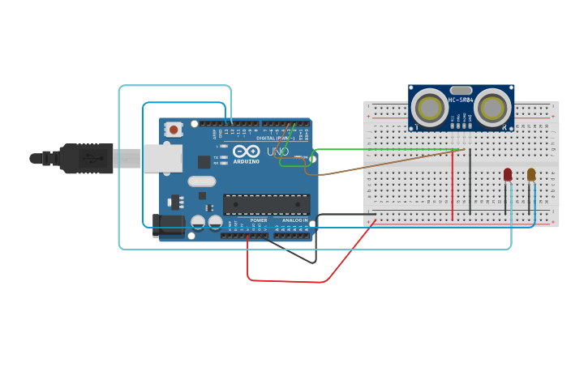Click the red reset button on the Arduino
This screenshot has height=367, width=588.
174,130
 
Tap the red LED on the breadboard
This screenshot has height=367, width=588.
508,174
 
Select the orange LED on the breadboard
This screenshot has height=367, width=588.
531,174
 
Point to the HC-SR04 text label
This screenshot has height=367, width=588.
461,100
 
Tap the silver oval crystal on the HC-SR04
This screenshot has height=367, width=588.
461,91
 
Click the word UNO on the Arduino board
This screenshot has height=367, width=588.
277,151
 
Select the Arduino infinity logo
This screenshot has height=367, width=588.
246,151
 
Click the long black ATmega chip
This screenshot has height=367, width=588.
266,205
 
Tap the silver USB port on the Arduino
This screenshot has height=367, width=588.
162,158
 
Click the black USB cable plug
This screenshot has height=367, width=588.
86,158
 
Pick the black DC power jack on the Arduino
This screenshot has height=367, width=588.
168,224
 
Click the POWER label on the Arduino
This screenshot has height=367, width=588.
259,220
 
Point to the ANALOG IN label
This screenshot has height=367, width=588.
294,220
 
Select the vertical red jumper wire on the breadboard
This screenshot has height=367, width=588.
453,186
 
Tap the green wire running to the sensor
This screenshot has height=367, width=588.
381,149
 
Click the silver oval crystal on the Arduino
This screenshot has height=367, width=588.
202,181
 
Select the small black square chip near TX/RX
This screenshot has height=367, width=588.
204,162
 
